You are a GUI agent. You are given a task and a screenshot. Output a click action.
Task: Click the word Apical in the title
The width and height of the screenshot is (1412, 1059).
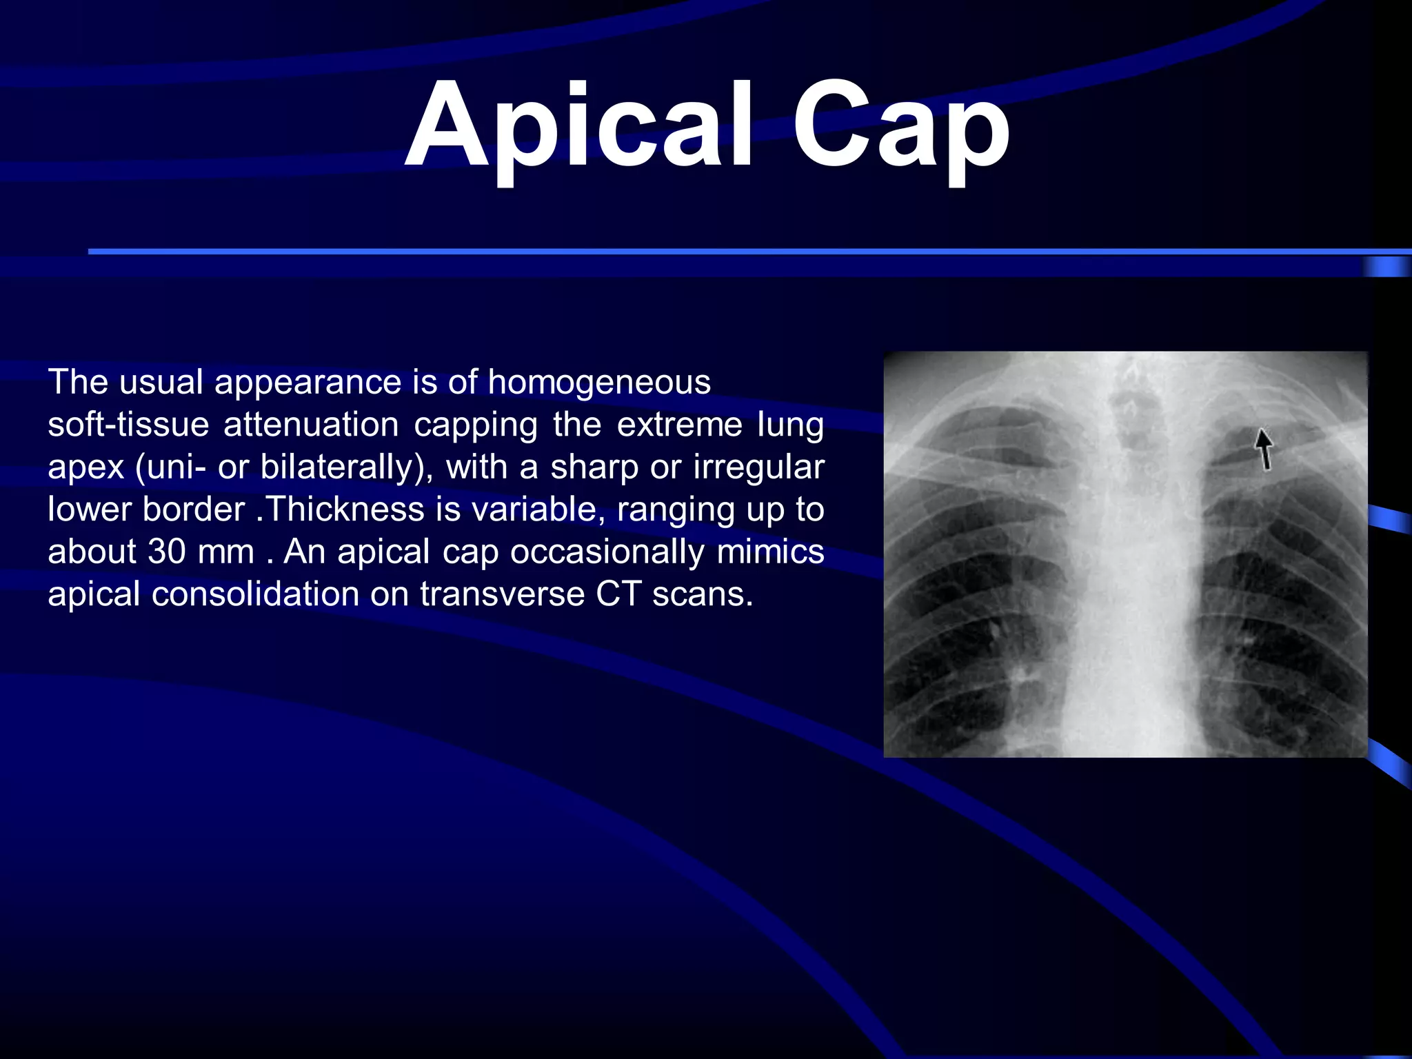click(x=579, y=128)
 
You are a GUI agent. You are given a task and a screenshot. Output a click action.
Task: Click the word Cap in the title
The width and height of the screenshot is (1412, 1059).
click(x=900, y=128)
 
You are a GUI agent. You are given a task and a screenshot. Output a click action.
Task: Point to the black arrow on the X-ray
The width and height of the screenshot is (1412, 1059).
click(x=1264, y=448)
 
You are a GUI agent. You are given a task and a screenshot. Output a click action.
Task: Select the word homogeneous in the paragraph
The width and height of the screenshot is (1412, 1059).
click(x=599, y=382)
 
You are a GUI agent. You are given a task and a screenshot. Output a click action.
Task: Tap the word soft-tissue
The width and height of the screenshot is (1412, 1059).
click(x=128, y=425)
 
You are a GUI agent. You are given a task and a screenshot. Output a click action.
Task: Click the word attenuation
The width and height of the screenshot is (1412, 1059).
click(x=311, y=425)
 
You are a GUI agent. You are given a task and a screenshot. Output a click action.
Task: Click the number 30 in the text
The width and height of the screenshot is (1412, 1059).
click(x=166, y=552)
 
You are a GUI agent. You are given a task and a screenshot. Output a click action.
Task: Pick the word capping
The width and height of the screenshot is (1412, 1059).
click(x=476, y=425)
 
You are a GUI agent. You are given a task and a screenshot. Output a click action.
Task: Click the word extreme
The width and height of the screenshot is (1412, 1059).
click(x=679, y=425)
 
